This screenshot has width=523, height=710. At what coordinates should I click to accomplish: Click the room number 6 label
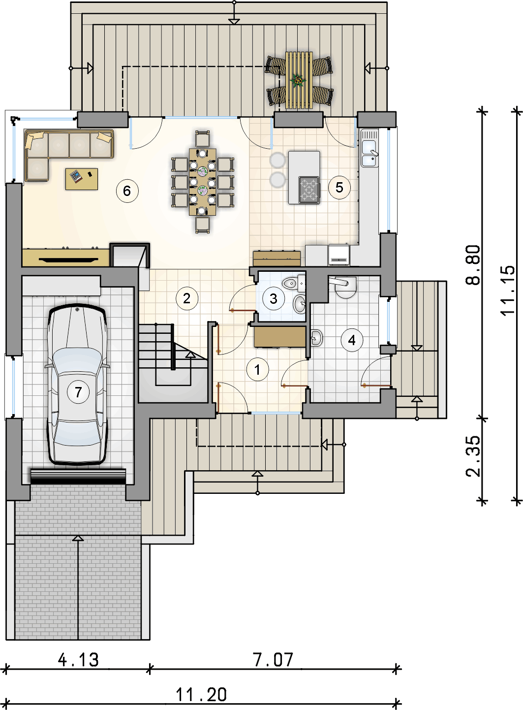[127, 191]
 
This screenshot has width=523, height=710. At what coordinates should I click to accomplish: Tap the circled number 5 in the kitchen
[339, 187]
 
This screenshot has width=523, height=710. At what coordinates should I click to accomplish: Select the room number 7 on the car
[78, 392]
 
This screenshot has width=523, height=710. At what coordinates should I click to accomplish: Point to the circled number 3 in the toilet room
[274, 298]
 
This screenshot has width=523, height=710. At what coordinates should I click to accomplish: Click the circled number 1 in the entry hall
[257, 370]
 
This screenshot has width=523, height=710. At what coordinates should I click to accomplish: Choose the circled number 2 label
[187, 298]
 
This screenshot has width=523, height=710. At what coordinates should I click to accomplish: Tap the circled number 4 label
[352, 340]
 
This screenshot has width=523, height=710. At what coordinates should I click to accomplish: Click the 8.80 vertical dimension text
[473, 265]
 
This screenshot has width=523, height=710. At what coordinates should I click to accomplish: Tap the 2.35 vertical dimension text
[473, 456]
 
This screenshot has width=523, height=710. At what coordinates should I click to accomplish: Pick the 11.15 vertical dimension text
[507, 290]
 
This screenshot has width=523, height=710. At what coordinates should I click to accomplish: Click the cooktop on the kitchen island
[309, 190]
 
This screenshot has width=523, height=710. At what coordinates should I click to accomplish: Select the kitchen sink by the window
[369, 148]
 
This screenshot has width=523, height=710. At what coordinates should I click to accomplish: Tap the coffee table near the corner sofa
[81, 179]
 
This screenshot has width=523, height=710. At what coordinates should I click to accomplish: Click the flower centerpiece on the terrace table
[298, 81]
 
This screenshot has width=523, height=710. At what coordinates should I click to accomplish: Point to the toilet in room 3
[293, 283]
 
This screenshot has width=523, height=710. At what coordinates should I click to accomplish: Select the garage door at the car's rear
[78, 476]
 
